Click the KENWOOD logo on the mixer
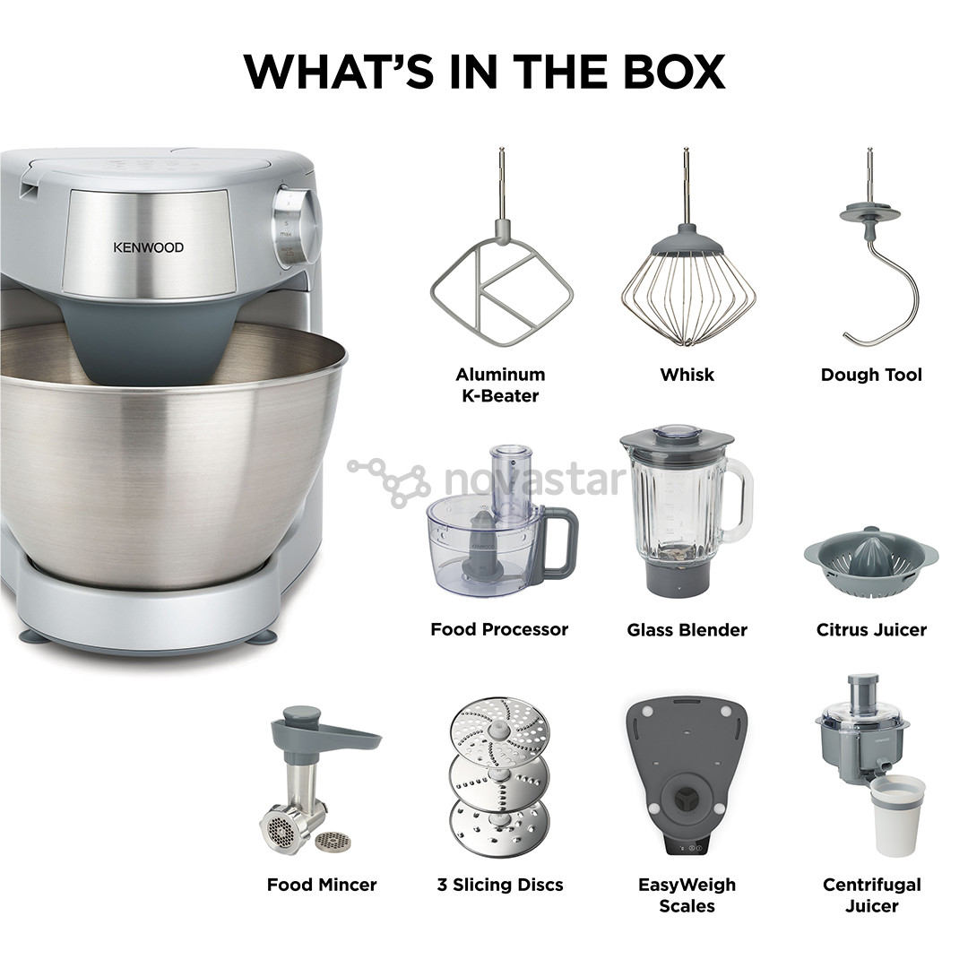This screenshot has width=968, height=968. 148,247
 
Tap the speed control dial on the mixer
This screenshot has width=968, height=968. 297,227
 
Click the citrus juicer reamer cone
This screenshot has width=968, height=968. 870,550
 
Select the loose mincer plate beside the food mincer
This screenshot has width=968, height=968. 333,840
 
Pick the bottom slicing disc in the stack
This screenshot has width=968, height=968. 499,826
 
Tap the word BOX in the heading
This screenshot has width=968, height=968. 674,72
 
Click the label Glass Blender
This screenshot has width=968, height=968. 687,630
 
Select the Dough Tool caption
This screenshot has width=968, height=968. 871,375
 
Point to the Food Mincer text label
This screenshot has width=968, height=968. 322,885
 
